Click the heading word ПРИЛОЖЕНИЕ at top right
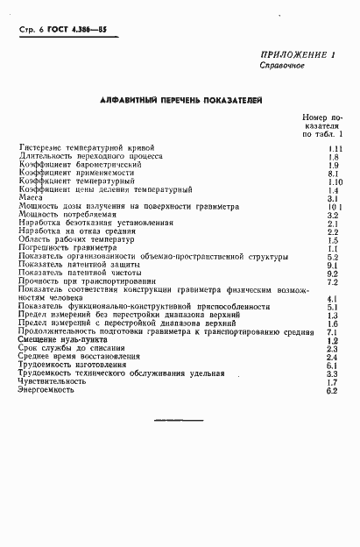click(x=292, y=55)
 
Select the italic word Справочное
click(x=281, y=67)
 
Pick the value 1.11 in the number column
click(x=332, y=149)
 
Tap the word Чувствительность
click(x=52, y=382)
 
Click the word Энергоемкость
click(x=42, y=390)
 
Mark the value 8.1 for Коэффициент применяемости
click(x=332, y=174)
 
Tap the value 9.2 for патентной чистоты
click(x=332, y=273)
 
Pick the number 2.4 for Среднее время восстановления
click(x=332, y=358)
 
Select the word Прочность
click(x=39, y=281)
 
